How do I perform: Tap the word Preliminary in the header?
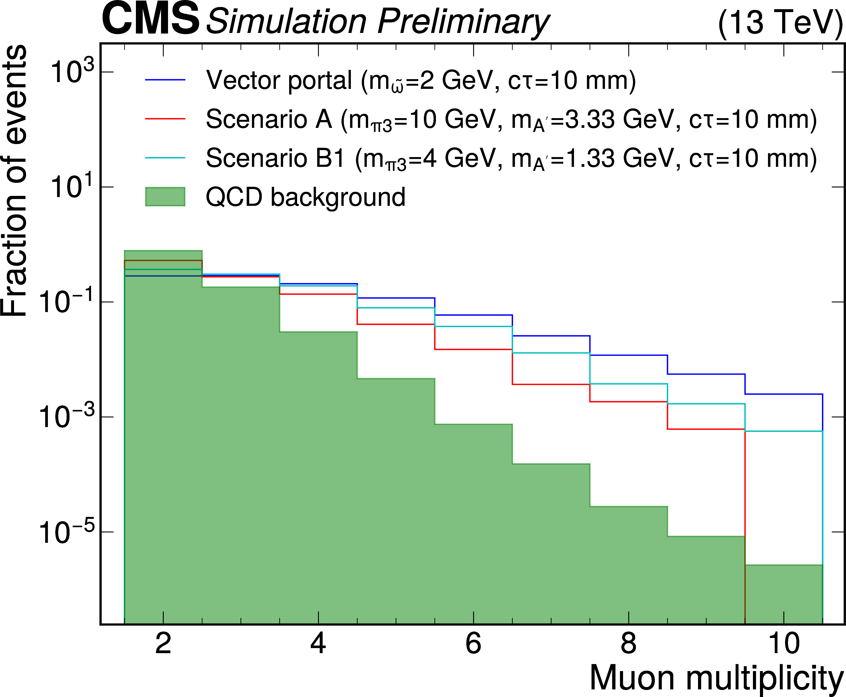pos(463,22)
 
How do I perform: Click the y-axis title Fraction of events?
pos(14,181)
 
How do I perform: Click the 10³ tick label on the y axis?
pos(66,72)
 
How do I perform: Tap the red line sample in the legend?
pos(165,119)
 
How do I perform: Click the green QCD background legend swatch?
pos(165,197)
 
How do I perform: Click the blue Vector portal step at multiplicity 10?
pos(783,394)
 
